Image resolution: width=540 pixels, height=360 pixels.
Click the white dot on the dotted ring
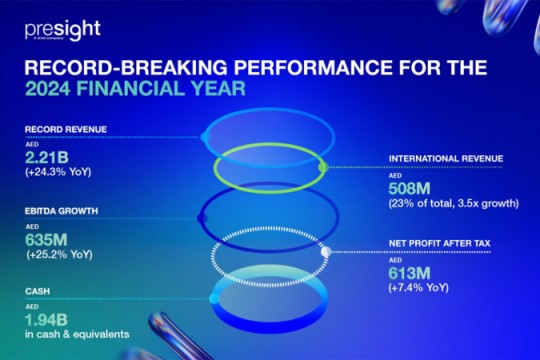(325, 253)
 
